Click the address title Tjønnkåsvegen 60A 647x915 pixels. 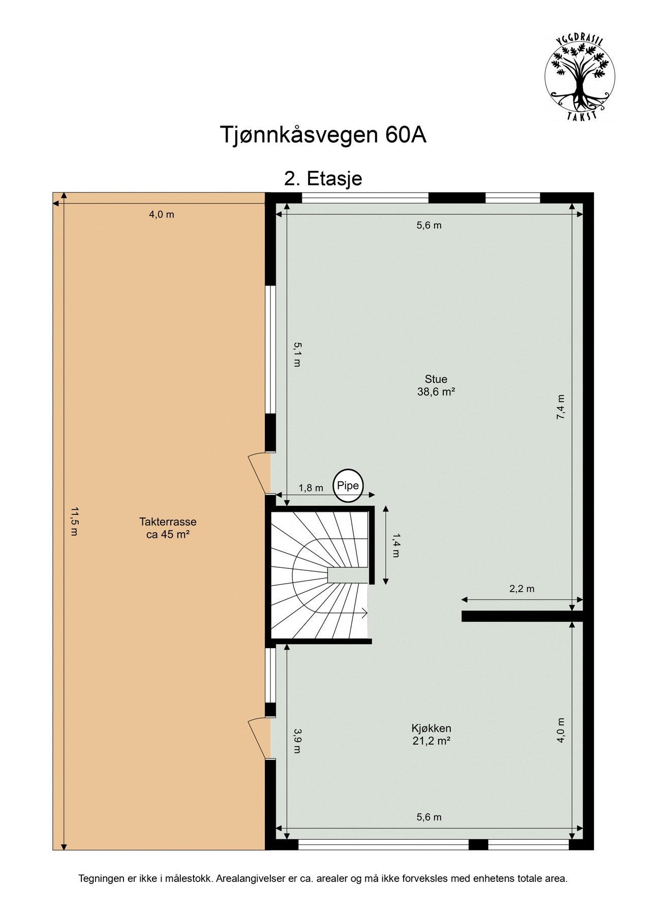point(323,135)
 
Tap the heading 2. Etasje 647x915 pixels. point(323,178)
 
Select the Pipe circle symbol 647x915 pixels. point(348,485)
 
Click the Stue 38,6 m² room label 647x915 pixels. point(436,385)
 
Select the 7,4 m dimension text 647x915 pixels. point(560,407)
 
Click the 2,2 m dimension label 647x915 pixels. point(522,589)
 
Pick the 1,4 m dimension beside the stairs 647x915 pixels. point(396,545)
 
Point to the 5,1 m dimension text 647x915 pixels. point(297,354)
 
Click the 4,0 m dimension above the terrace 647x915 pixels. point(161,215)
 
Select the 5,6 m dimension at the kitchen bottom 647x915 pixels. point(429,817)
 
